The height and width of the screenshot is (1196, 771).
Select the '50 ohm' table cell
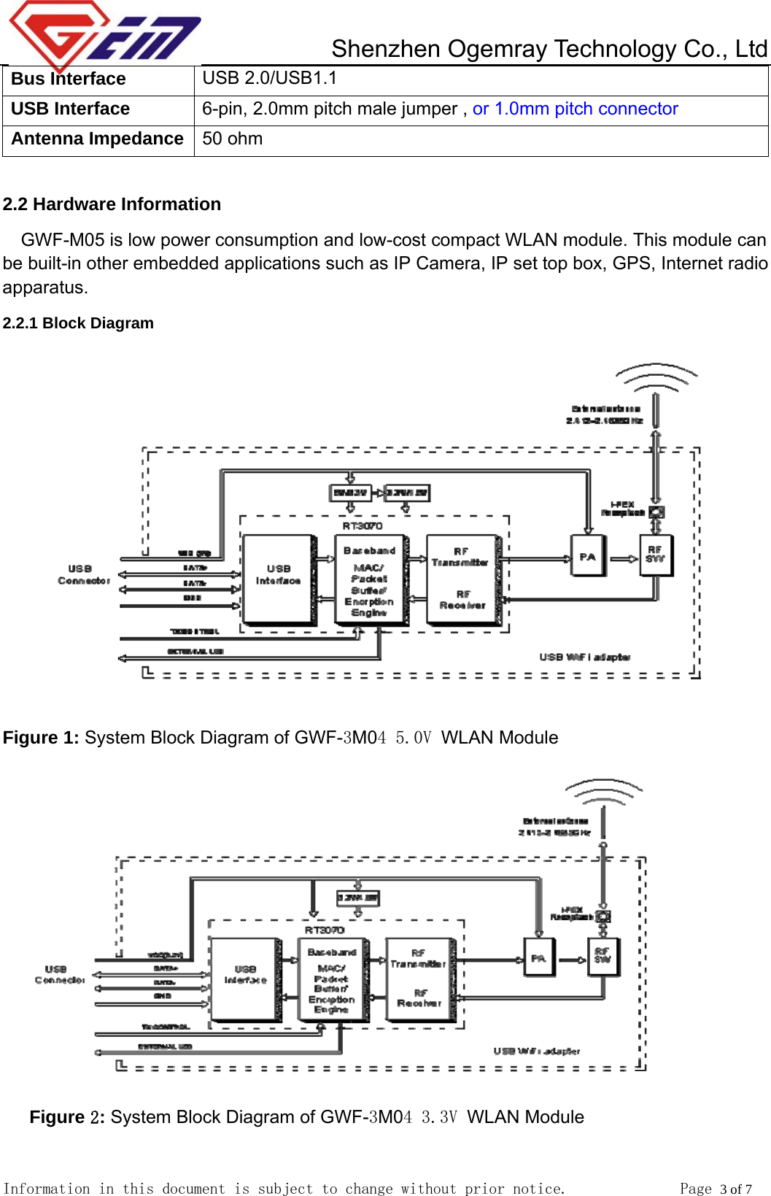pos(233,139)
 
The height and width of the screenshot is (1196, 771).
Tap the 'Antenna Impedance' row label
pos(98,139)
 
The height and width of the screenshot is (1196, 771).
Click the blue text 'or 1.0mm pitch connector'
pos(575,109)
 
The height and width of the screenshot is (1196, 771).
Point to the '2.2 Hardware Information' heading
pos(112,204)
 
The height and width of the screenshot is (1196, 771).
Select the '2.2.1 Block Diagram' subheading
pos(78,323)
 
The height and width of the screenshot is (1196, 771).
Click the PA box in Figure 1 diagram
pos(588,557)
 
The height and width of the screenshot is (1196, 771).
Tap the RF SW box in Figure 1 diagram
pos(655,555)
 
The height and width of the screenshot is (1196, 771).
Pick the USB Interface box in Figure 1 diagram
pos(279,579)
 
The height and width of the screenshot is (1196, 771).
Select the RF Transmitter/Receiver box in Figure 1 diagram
pos(462,579)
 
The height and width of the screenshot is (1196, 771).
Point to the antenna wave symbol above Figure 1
pos(656,378)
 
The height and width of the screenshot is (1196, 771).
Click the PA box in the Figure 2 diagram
pos(538,957)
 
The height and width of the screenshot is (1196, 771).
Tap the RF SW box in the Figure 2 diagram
pos(603,957)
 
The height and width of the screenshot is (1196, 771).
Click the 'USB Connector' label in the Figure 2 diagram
pos(58,975)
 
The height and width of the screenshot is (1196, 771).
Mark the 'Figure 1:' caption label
pos(41,738)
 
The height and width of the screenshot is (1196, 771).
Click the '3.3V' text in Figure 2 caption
pos(439,1117)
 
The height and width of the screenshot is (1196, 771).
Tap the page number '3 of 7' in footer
pos(735,1189)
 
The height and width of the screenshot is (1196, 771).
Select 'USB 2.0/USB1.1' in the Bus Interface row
pos(269,78)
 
